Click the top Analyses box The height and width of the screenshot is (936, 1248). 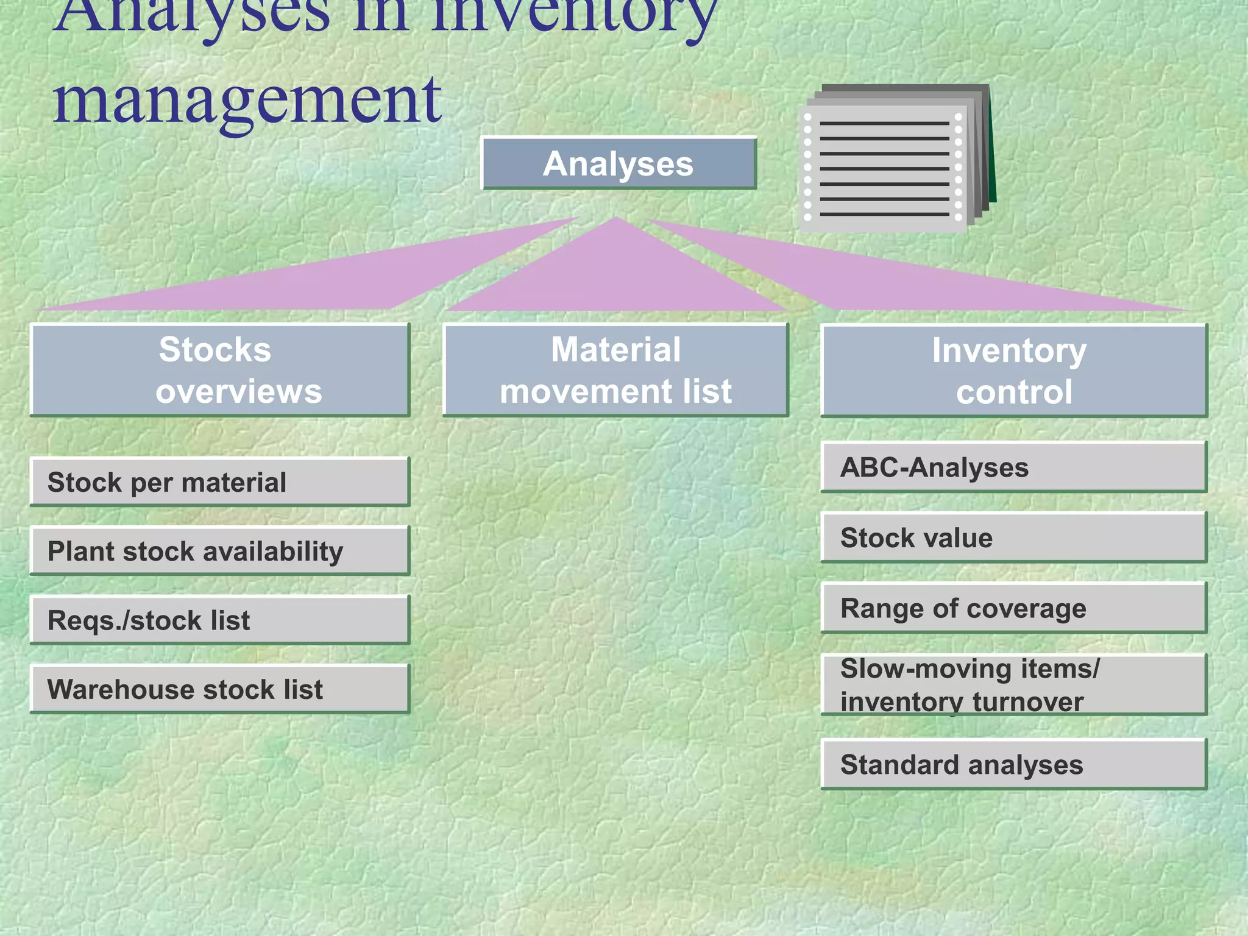click(618, 163)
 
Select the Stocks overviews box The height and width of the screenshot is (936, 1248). click(219, 370)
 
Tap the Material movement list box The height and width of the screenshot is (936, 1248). click(615, 370)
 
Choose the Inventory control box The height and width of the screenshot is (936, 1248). click(1013, 370)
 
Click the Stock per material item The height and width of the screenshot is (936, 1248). click(219, 482)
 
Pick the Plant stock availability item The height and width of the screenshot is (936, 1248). click(219, 551)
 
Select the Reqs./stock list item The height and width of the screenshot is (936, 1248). click(219, 620)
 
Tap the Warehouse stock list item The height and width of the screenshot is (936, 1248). click(219, 689)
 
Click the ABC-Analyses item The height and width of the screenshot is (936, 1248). click(1013, 467)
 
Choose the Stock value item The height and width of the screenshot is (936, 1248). click(1013, 537)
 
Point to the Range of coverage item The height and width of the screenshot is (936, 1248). click(1013, 608)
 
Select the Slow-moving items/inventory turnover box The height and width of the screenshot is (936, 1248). click(1013, 684)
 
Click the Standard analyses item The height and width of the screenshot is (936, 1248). click(1013, 764)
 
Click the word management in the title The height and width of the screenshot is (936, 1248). click(247, 101)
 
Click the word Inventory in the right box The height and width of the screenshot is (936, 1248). click(1009, 350)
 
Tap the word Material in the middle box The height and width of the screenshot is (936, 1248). click(615, 350)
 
